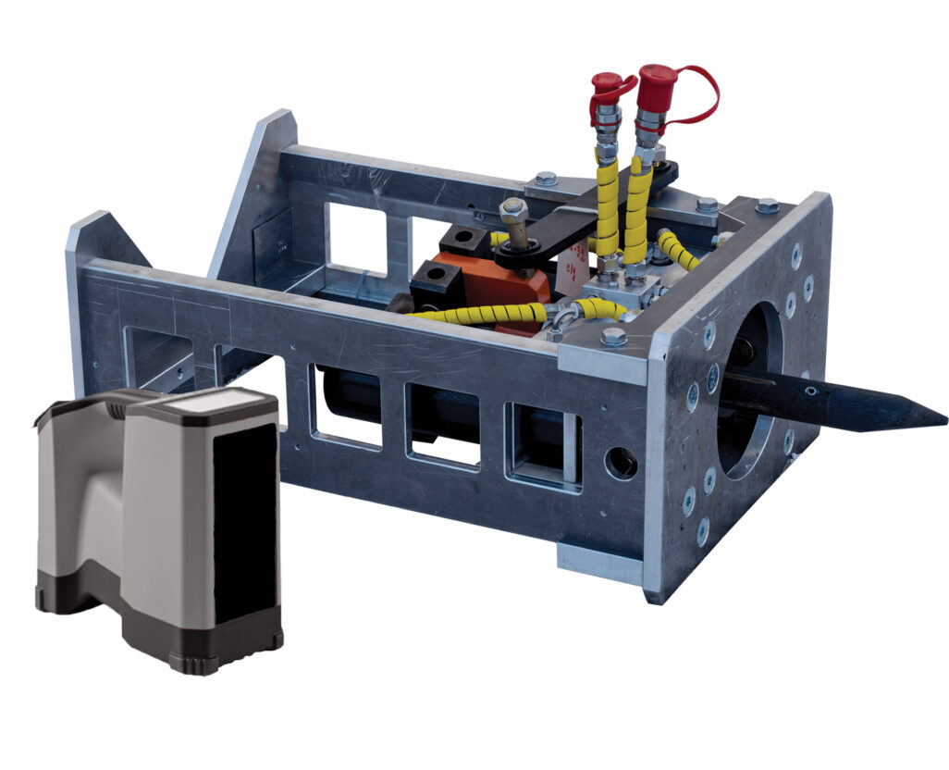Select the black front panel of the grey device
[245, 523]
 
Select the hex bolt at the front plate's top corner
[766, 205]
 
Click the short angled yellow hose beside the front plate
[678, 248]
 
